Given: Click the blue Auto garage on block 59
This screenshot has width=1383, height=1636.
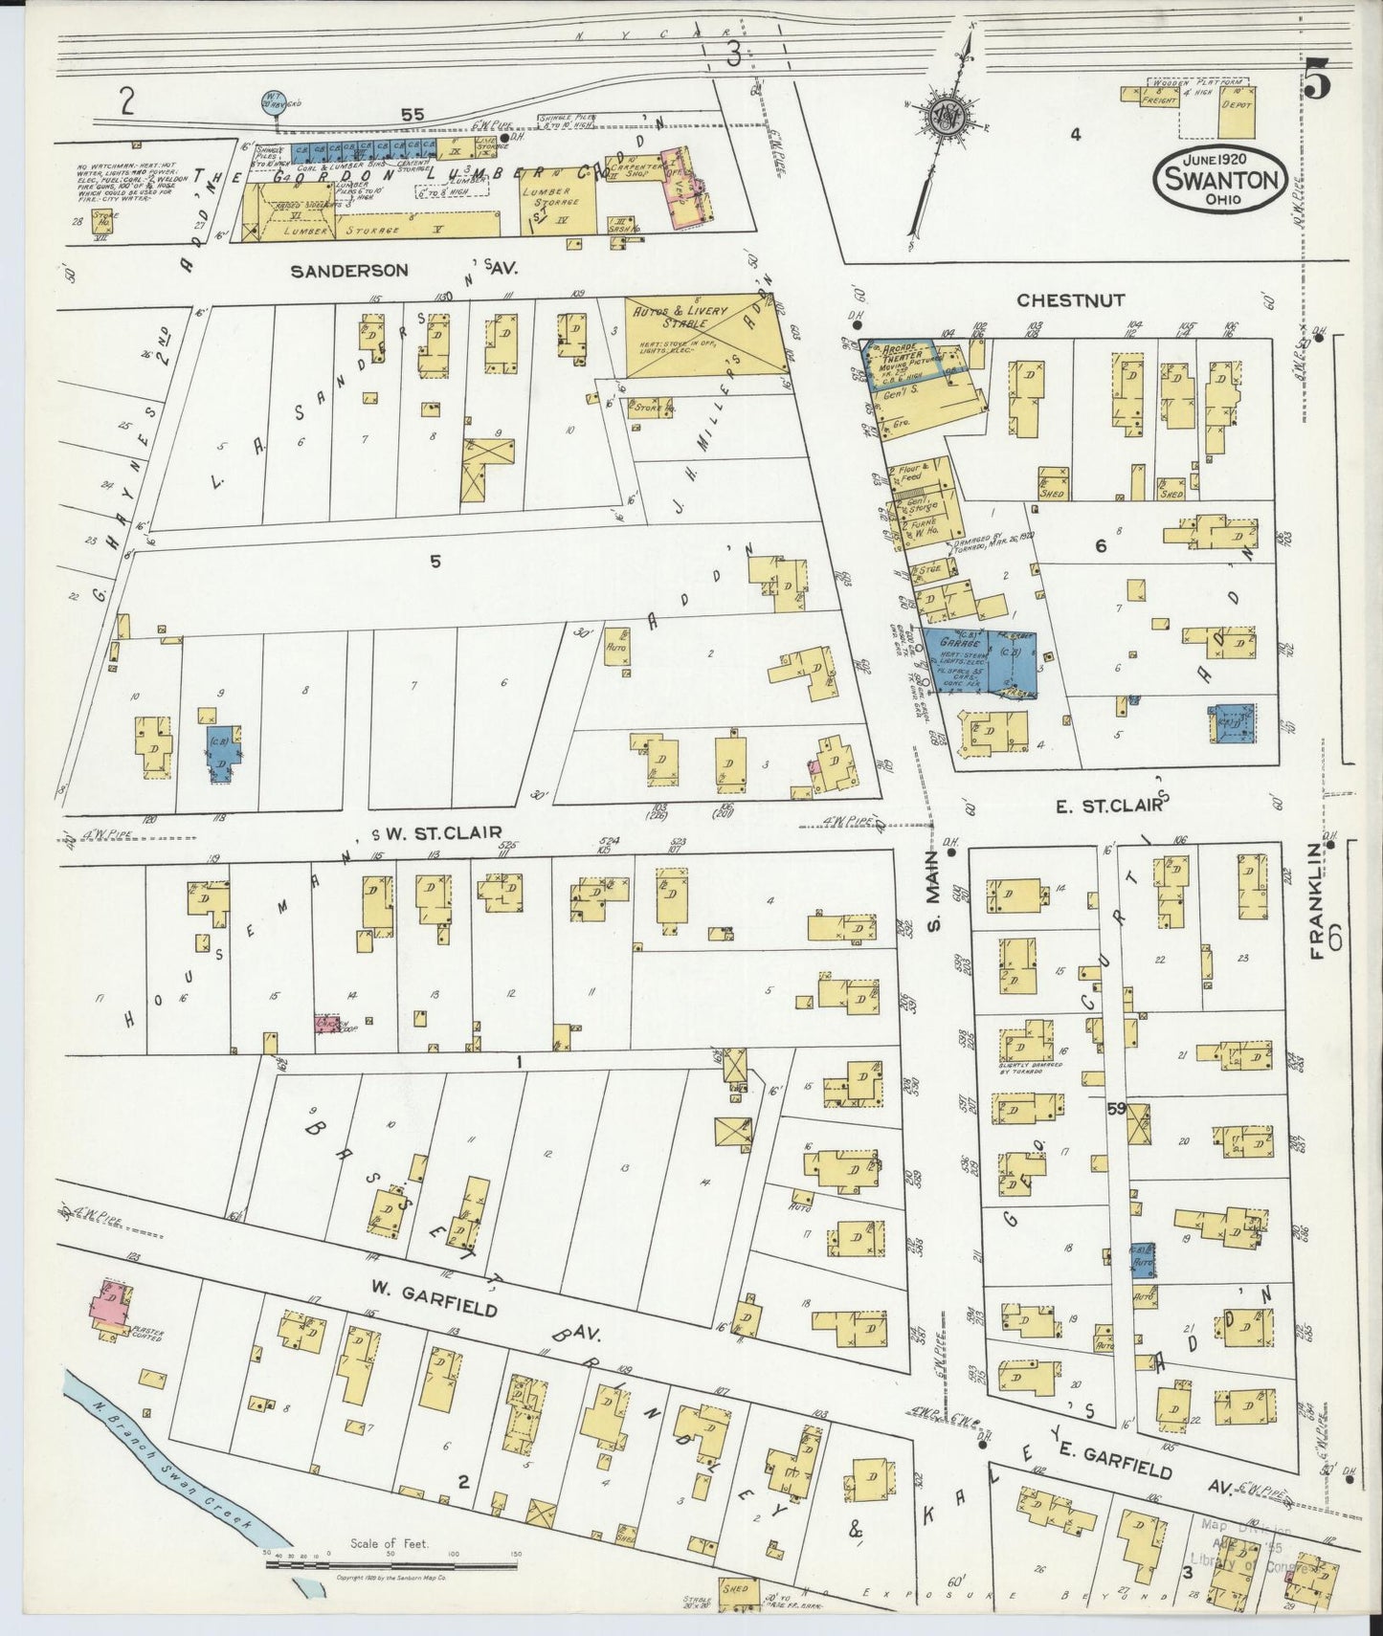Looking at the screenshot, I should coord(1141,1260).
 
